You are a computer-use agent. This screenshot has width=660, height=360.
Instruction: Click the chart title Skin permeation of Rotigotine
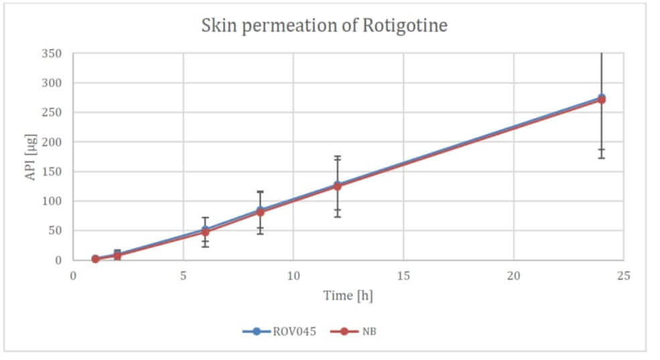(x=325, y=26)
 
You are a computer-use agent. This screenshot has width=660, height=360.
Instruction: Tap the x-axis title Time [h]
(x=348, y=295)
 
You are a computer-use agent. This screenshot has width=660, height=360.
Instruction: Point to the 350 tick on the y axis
(x=52, y=54)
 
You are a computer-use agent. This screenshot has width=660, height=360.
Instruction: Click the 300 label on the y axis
(x=52, y=83)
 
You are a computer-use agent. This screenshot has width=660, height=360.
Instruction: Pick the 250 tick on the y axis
(x=52, y=113)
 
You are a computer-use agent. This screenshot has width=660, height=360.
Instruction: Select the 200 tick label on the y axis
(x=52, y=142)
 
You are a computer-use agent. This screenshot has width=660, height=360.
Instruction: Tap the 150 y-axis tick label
(x=52, y=172)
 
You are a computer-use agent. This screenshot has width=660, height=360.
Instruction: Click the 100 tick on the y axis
(x=52, y=201)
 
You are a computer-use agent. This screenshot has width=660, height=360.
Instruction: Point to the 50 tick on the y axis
(x=56, y=231)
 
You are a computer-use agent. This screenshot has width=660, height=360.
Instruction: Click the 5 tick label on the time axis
(x=183, y=276)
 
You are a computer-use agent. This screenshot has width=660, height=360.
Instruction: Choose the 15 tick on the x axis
(x=403, y=276)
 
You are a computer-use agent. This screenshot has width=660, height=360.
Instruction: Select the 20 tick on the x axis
(x=513, y=276)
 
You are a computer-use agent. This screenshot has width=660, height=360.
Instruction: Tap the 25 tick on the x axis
(x=623, y=276)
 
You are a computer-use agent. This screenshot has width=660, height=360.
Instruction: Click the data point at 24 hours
(x=601, y=99)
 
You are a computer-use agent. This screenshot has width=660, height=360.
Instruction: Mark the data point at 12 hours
(x=337, y=186)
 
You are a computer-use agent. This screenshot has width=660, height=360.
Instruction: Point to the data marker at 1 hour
(x=95, y=259)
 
